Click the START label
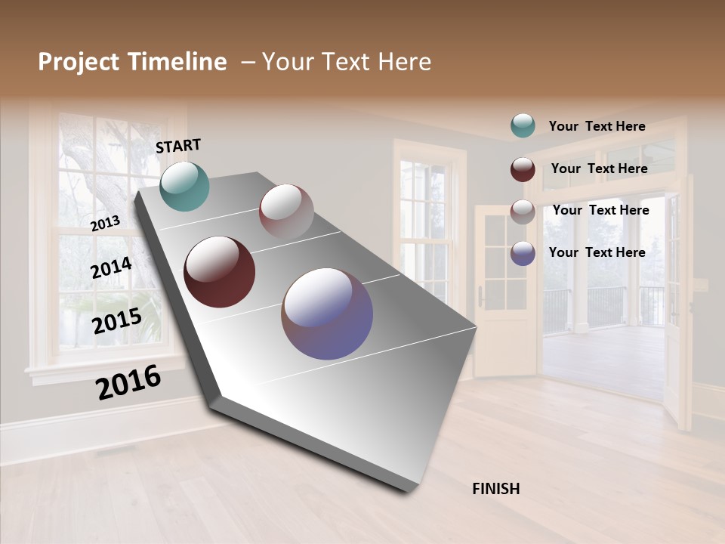pyautogui.click(x=178, y=145)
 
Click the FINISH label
pyautogui.click(x=495, y=489)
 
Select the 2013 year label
pyautogui.click(x=106, y=223)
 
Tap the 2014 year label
pyautogui.click(x=111, y=267)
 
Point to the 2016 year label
pyautogui.click(x=128, y=382)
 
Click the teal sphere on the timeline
pyautogui.click(x=185, y=186)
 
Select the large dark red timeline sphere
pyautogui.click(x=219, y=272)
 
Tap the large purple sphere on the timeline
pyautogui.click(x=327, y=314)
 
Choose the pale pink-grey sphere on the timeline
pyautogui.click(x=286, y=212)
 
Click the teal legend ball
pyautogui.click(x=523, y=125)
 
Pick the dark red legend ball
pyautogui.click(x=523, y=169)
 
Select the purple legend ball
pyautogui.click(x=523, y=253)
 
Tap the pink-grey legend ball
pyautogui.click(x=523, y=212)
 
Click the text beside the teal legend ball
pyautogui.click(x=597, y=126)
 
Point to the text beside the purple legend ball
pyautogui.click(x=597, y=252)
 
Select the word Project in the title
pyautogui.click(x=79, y=62)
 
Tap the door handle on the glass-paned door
pyautogui.click(x=481, y=298)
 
